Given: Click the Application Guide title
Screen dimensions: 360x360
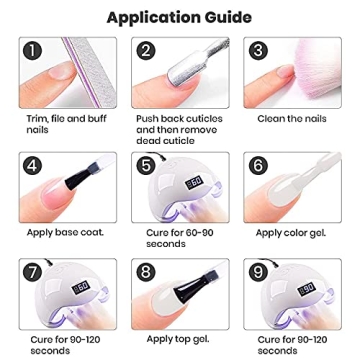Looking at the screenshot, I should click(180, 17).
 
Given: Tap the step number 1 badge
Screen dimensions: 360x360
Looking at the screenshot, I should click(36, 50).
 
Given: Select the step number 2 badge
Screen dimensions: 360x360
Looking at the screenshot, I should click(146, 50).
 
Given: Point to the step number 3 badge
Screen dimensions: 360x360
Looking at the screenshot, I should click(257, 50).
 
